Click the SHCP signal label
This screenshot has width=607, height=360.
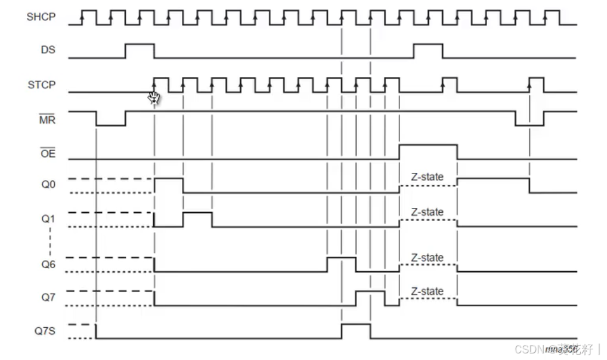[x=41, y=17]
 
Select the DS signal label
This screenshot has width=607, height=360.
[x=48, y=50]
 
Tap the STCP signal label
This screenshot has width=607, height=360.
[x=41, y=85]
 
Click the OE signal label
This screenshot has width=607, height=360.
[x=48, y=153]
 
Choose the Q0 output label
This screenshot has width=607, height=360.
[x=48, y=185]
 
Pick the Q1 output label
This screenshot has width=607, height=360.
[x=48, y=219]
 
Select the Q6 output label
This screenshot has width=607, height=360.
[x=48, y=264]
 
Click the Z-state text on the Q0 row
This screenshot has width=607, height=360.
[x=428, y=177]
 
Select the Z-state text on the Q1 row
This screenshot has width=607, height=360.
[x=428, y=212]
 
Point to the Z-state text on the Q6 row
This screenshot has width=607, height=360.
[x=428, y=257]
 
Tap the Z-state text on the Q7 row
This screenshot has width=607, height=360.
[x=428, y=291]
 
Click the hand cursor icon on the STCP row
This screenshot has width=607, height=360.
[x=154, y=97]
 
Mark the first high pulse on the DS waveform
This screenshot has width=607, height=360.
[x=140, y=50]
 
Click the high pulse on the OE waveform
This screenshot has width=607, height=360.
[x=428, y=151]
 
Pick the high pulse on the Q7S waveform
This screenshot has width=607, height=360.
[x=356, y=331]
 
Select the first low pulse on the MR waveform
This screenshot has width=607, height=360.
[x=111, y=119]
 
